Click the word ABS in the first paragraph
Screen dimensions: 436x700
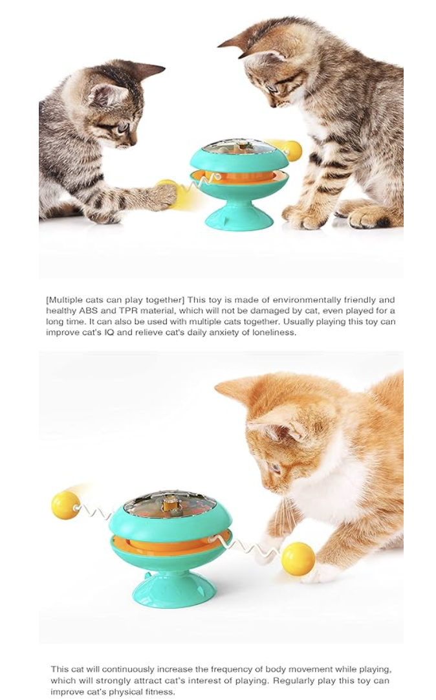pos(89,311)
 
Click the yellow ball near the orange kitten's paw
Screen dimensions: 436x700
pos(298,558)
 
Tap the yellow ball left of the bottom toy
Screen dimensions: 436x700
pos(65,505)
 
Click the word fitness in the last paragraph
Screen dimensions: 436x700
pos(160,692)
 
